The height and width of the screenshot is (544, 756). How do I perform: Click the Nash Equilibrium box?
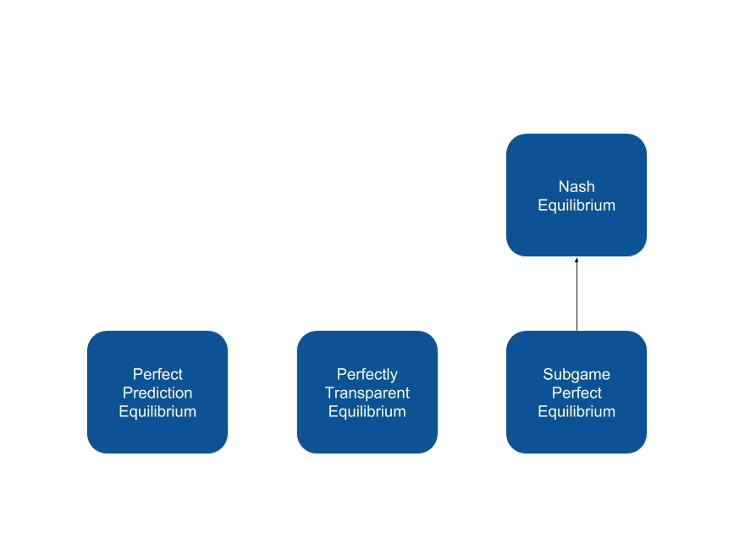[577, 195]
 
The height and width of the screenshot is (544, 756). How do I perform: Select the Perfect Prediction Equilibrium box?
[157, 393]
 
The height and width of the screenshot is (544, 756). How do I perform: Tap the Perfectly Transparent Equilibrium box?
[367, 393]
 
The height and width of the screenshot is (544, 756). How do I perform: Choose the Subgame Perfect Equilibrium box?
[577, 393]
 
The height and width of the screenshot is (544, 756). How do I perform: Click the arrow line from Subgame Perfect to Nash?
[577, 294]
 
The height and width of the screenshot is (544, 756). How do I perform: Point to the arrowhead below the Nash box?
[577, 261]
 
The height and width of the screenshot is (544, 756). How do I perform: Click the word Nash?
[577, 186]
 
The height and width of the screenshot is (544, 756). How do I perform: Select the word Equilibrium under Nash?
[577, 206]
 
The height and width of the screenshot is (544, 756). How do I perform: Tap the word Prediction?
[157, 393]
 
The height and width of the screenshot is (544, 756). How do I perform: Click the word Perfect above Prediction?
[157, 374]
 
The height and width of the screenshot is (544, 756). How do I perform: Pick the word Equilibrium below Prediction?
[157, 411]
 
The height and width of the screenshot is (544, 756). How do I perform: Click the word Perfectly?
[367, 375]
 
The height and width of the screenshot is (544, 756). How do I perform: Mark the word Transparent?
[367, 393]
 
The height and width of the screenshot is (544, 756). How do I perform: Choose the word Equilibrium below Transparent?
[367, 411]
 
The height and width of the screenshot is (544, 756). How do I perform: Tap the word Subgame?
[577, 375]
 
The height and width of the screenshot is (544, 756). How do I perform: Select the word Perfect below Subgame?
[577, 393]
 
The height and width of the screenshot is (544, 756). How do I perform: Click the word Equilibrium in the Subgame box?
[577, 411]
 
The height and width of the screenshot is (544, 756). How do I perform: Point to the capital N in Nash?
[563, 186]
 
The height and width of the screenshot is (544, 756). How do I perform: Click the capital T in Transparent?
[329, 393]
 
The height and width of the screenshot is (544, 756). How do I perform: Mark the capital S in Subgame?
[548, 374]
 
